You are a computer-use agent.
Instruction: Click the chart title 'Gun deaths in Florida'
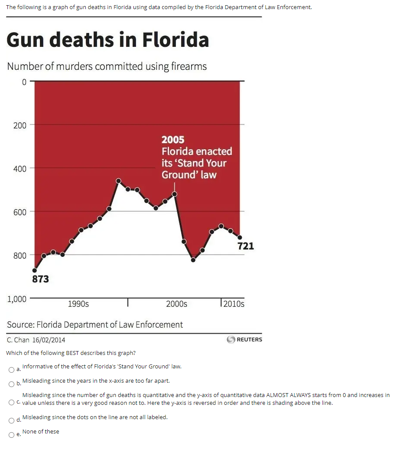[107, 40]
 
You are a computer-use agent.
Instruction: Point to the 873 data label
[41, 279]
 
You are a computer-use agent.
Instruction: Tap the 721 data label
[246, 246]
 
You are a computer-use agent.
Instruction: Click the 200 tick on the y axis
[20, 125]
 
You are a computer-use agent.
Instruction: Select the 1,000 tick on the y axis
[17, 299]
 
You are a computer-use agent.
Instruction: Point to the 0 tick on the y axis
[24, 82]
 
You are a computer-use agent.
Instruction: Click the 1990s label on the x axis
[78, 304]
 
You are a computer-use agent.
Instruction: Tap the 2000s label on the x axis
[177, 304]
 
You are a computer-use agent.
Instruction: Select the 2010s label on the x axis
[234, 304]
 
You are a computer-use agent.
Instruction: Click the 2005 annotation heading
[173, 140]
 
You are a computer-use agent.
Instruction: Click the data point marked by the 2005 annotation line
[175, 194]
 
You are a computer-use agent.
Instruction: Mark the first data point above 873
[35, 270]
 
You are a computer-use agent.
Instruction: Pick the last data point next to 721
[240, 237]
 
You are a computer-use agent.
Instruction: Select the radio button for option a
[11, 370]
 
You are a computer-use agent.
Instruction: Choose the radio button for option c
[11, 403]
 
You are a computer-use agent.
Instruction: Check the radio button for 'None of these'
[11, 435]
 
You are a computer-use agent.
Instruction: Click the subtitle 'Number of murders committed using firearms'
[107, 66]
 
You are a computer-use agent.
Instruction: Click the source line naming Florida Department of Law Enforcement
[95, 325]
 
